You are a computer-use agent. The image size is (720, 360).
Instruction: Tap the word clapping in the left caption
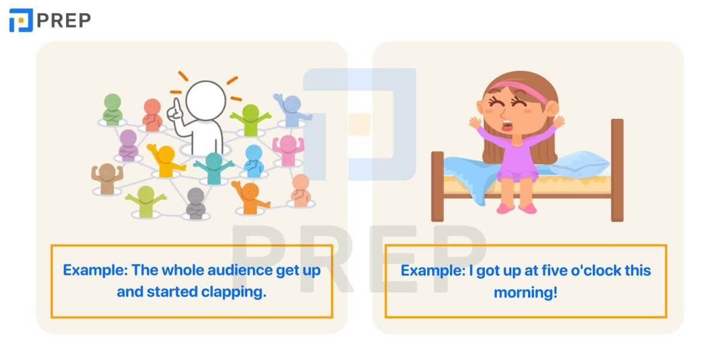233,292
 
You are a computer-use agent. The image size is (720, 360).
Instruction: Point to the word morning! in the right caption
526,293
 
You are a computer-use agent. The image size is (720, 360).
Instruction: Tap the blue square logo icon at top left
21,20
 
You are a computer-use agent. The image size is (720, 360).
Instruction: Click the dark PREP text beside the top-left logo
64,20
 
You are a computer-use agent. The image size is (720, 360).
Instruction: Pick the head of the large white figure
206,100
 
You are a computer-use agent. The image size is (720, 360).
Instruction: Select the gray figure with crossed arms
196,203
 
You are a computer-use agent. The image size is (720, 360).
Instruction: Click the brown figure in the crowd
107,179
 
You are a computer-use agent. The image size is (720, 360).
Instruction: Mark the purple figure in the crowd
128,145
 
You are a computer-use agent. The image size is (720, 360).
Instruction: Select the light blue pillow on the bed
578,164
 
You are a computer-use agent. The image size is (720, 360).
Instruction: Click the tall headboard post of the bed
617,170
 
